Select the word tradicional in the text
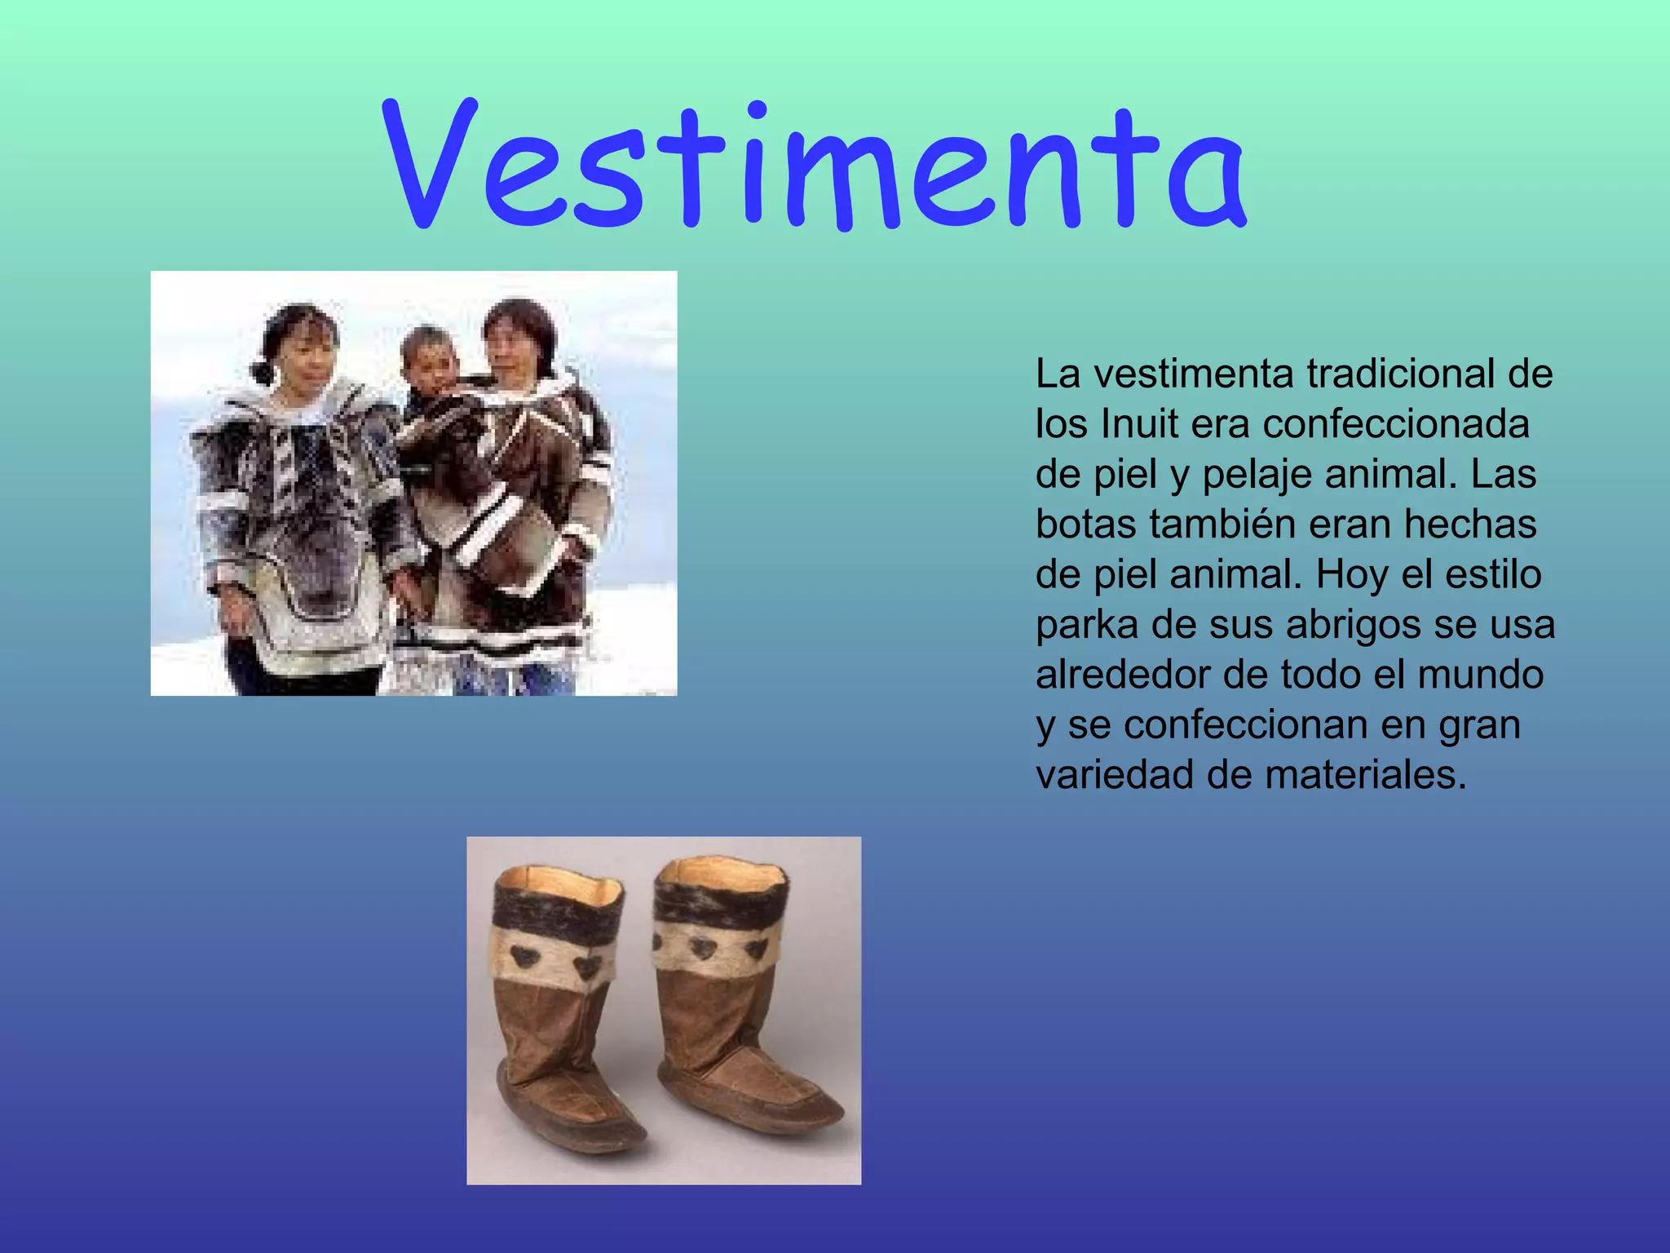(x=1402, y=374)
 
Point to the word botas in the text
(x=1085, y=525)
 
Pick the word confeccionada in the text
(x=1395, y=424)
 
